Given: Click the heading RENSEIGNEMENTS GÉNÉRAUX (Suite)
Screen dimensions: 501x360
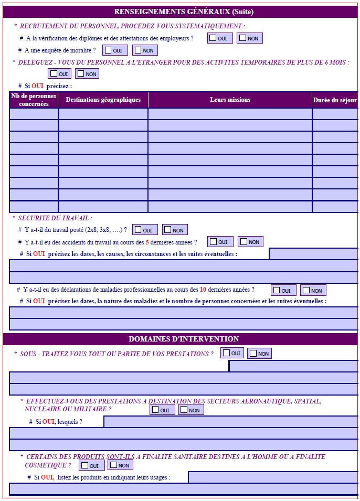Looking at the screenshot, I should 183,12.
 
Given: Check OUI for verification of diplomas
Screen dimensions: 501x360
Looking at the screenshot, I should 214,38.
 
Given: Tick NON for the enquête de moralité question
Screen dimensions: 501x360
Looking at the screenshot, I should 139,50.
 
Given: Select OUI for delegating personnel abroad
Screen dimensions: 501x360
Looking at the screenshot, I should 54,74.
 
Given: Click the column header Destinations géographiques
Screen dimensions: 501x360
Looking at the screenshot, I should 103,100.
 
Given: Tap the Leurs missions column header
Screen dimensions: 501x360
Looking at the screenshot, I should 230,100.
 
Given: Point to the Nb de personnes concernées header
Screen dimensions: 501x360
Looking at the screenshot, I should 34,100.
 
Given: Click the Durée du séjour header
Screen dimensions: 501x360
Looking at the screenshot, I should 335,100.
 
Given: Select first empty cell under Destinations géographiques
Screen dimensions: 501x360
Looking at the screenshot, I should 103,114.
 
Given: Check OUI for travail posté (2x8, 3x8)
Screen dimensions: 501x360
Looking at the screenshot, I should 139,230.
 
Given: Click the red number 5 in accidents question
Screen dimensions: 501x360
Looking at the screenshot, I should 147,242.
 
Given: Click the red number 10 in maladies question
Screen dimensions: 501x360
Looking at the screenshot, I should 203,289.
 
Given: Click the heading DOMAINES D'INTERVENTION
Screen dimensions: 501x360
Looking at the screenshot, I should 183,339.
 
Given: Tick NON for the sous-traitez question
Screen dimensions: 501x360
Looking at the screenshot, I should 253,353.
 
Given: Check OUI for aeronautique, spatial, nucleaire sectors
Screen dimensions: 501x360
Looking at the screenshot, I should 156,410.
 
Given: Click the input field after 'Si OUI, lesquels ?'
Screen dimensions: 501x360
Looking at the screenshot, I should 231,421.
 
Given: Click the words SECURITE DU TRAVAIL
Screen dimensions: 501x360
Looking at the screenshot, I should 55,218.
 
